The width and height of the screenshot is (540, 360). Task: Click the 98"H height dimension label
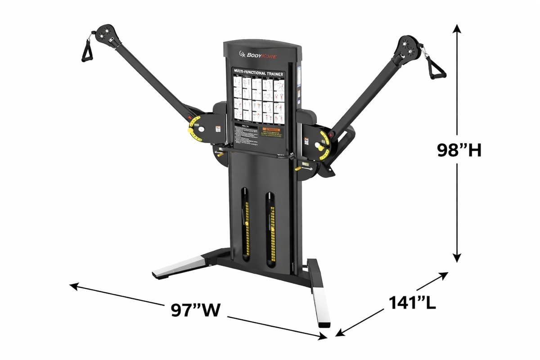(459, 150)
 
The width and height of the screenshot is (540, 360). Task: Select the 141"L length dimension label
(412, 302)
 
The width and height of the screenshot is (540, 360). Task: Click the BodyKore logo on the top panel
(258, 55)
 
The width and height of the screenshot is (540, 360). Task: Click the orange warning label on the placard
(273, 132)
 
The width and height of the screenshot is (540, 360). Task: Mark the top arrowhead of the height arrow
(457, 28)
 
